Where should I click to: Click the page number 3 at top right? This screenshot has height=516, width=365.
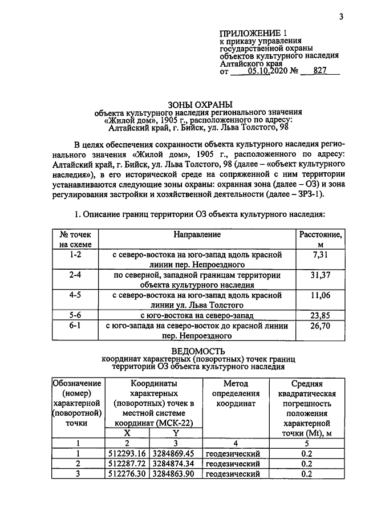340,17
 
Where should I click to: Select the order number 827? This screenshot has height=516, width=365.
323,72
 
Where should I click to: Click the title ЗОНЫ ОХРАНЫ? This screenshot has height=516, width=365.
200,104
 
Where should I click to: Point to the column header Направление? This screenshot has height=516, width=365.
197,234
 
